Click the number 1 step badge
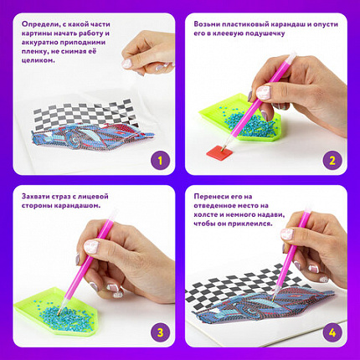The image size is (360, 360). click(x=160, y=161)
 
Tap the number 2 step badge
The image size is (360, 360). click(x=332, y=161)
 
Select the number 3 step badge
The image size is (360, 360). click(x=160, y=332)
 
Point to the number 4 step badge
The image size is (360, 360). click(x=332, y=332)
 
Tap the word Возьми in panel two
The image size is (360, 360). click(x=207, y=24)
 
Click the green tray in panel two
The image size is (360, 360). click(x=240, y=120)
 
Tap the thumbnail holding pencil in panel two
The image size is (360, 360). click(x=264, y=92)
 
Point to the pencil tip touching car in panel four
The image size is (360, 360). click(x=273, y=300)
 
